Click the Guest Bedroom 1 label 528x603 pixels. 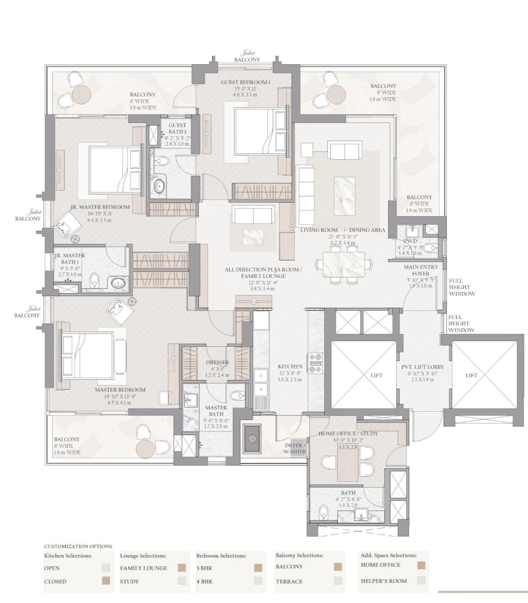click(x=245, y=82)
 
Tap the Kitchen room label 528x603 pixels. click(x=290, y=367)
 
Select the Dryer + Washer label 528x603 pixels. click(x=295, y=448)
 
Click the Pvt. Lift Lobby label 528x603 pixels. click(x=422, y=367)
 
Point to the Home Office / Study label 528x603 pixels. click(x=348, y=433)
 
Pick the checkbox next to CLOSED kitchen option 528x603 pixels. click(x=106, y=581)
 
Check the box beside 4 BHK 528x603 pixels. click(x=258, y=581)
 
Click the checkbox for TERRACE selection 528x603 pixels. click(x=338, y=581)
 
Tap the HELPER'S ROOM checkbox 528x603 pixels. click(x=421, y=581)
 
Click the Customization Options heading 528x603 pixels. click(x=78, y=546)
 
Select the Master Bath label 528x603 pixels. click(x=216, y=411)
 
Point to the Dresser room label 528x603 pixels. click(x=217, y=362)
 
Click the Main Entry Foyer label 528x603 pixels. click(x=420, y=270)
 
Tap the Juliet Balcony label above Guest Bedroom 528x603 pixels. click(x=247, y=57)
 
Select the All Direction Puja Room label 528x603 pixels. click(x=263, y=269)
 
